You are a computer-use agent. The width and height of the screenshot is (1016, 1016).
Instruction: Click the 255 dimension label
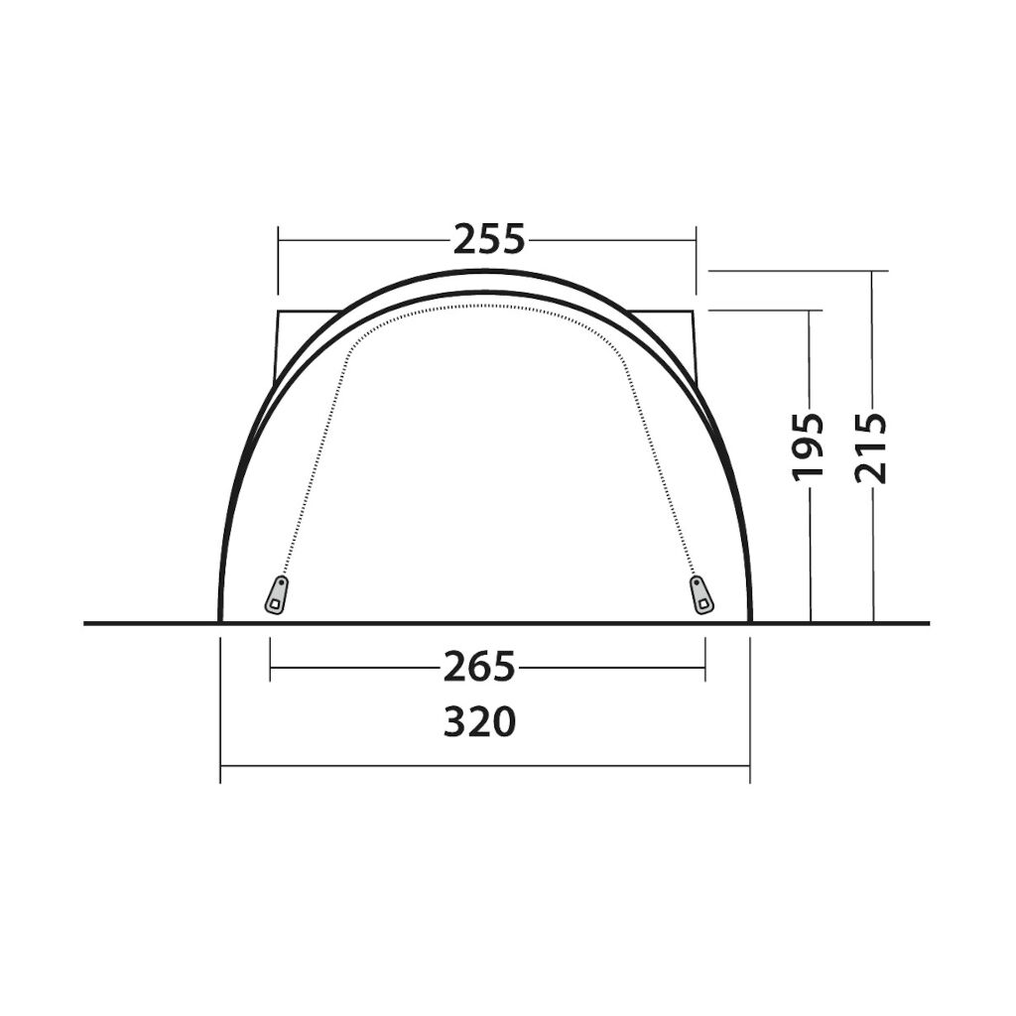[x=489, y=240]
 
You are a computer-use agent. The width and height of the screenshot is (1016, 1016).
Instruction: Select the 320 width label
[x=480, y=722]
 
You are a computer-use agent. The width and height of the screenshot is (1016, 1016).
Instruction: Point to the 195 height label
[x=809, y=447]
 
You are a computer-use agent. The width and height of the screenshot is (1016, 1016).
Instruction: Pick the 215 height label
[x=871, y=447]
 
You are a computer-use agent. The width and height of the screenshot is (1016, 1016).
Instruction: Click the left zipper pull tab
[x=277, y=595]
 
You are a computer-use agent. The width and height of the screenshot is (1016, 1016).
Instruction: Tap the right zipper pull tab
[x=701, y=595]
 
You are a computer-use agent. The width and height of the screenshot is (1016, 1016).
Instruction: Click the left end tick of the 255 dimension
[x=278, y=261]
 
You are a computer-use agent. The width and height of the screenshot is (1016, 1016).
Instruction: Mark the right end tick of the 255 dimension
[x=696, y=261]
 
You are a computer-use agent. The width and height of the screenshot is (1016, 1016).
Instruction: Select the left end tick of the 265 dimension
[x=270, y=659]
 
